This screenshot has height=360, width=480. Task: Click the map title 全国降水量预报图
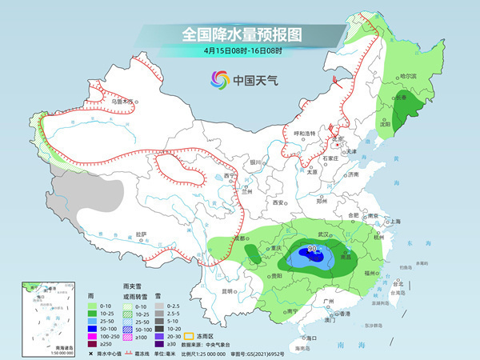pos(240,34)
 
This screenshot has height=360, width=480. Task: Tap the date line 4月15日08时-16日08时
pos(241,50)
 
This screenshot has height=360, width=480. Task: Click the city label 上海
pos(393,221)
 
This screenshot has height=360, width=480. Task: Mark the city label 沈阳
pos(386,125)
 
